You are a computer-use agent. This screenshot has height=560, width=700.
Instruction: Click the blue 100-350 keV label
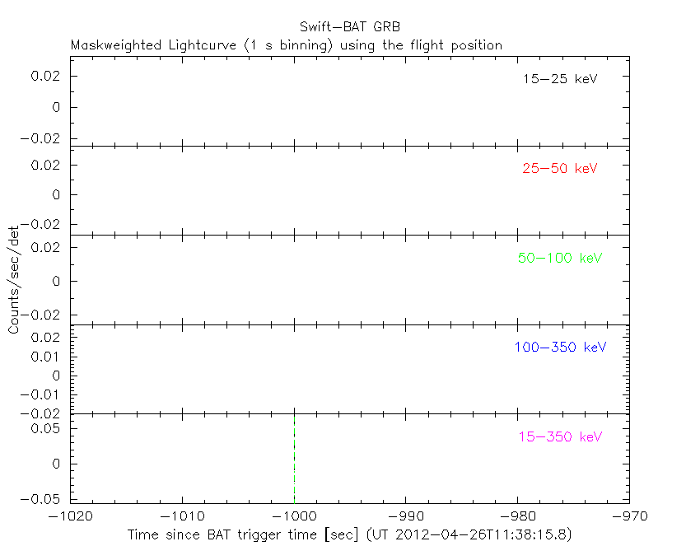[560, 347]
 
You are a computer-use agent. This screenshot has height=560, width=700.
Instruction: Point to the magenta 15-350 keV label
[560, 436]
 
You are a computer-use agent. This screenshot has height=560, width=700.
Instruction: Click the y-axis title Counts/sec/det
[14, 280]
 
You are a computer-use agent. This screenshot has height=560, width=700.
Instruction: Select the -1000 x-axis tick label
[293, 517]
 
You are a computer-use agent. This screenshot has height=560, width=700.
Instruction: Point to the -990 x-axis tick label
[405, 517]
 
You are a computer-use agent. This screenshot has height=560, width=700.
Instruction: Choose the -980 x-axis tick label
[517, 517]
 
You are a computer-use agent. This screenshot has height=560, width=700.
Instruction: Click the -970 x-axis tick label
[629, 517]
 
